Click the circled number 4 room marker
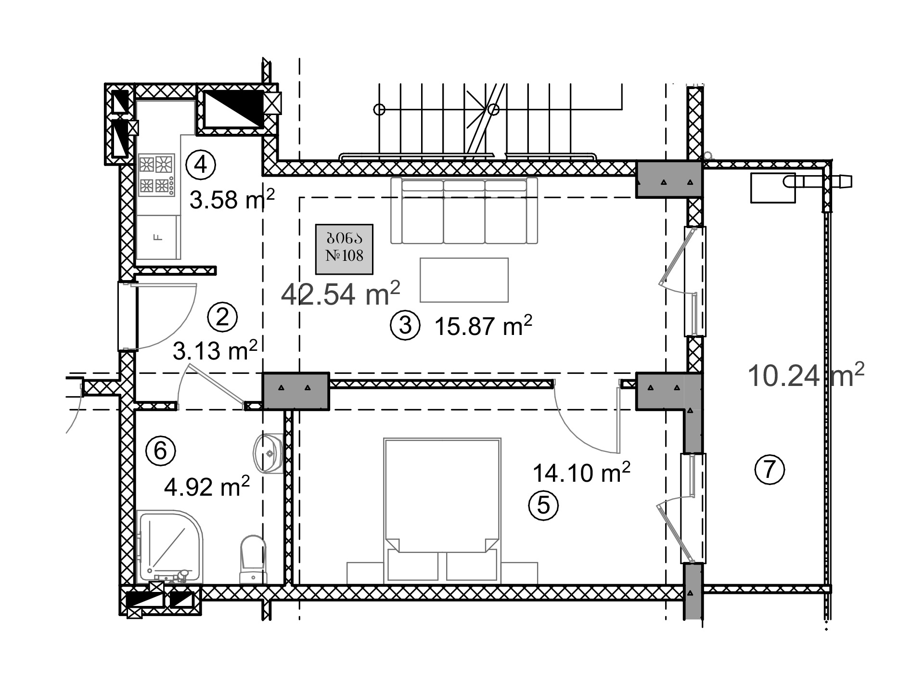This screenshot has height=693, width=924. pos(201,165)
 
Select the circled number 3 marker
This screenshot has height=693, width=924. pos(405,325)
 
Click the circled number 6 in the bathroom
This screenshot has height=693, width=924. pos(161,451)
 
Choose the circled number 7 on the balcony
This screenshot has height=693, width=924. pos(770,469)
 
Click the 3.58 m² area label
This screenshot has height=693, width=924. pos(232,199)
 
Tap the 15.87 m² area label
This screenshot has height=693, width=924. pos(483,326)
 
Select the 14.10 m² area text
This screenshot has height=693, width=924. pos(581,472)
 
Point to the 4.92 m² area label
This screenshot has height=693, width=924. pos(207,487)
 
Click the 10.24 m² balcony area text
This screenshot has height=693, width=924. pos(806,375)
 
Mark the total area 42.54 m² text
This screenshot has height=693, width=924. pos(341,294)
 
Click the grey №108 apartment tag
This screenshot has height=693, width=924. pos(345,249)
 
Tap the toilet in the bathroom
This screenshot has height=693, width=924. pos(253,560)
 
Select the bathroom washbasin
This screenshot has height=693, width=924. pos(268,453)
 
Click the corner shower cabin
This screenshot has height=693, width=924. pos(170,547)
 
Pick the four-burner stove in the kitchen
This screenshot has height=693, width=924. pos(157,175)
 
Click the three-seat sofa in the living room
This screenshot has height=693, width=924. pos(464,211)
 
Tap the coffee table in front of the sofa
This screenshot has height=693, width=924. pos(464,280)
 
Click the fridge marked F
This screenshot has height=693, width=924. pos(159,237)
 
